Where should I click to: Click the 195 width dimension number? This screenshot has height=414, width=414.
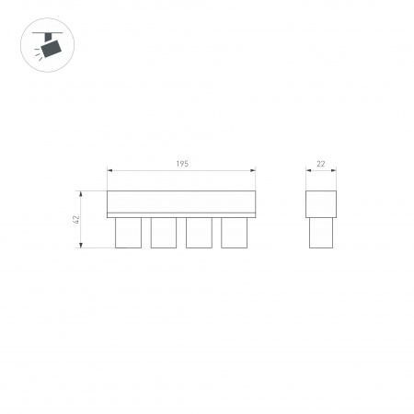pyautogui.click(x=182, y=163)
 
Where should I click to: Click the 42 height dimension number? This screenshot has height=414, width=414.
pyautogui.click(x=76, y=220)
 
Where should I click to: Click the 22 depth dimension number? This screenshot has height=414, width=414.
pyautogui.click(x=320, y=163)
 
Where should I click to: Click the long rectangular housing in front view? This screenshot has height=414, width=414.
pyautogui.click(x=181, y=203)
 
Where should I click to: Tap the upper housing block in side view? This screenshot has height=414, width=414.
pyautogui.click(x=320, y=203)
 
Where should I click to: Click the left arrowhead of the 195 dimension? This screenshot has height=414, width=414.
pyautogui.click(x=109, y=170)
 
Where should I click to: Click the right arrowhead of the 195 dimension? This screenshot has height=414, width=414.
pyautogui.click(x=253, y=170)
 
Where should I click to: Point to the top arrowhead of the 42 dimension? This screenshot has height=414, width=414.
pyautogui.click(x=84, y=193)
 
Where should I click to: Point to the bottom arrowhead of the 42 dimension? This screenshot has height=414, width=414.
pyautogui.click(x=84, y=246)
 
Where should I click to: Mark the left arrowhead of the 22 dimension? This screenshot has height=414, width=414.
pyautogui.click(x=308, y=170)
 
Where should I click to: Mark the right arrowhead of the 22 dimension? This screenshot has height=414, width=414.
pyautogui.click(x=332, y=170)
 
